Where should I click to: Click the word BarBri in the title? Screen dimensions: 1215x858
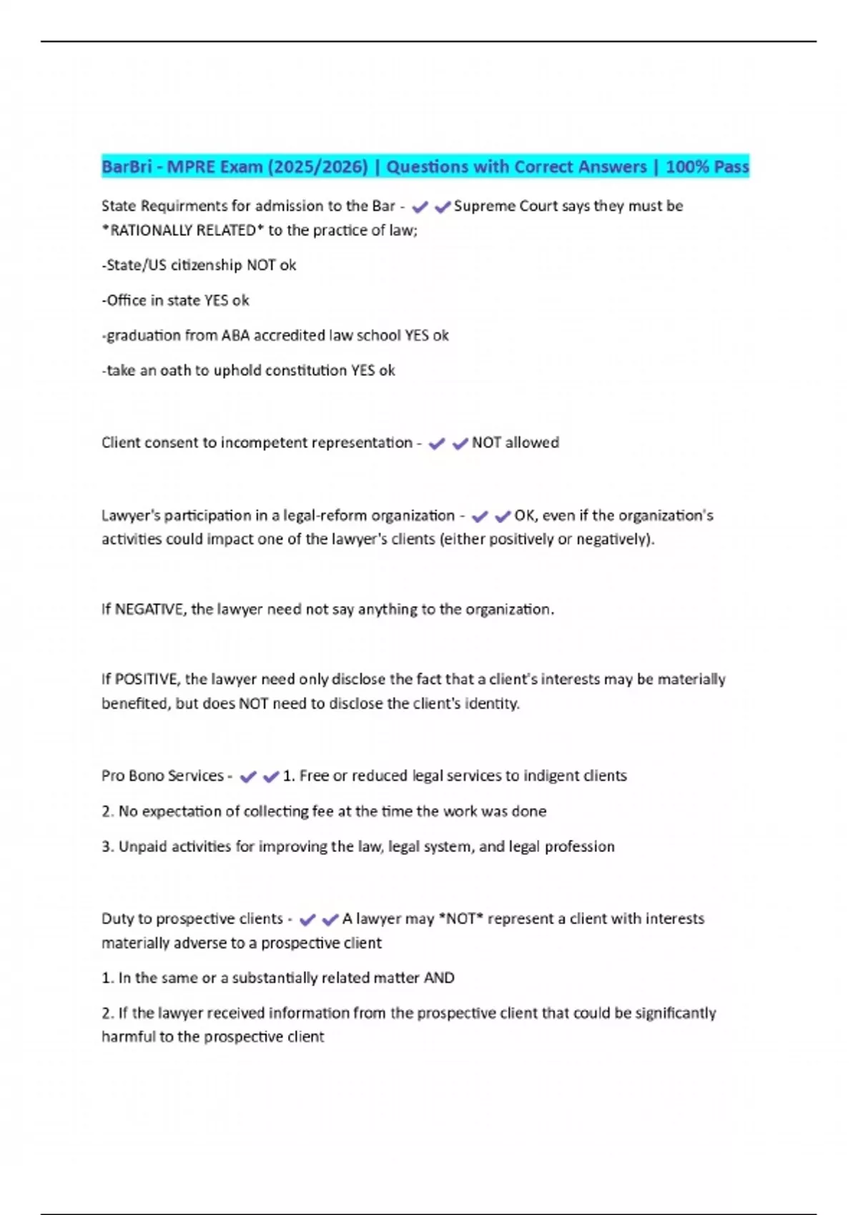click(x=127, y=167)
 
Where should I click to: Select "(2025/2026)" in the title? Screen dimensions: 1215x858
click(x=317, y=167)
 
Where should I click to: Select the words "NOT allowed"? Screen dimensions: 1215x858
click(x=515, y=442)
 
